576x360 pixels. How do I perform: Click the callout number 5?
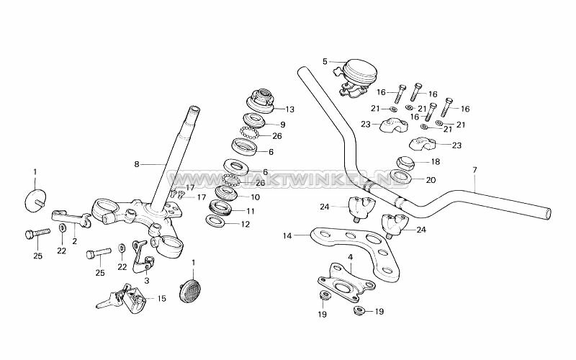point(325,62)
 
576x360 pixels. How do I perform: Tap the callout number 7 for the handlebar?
point(474,170)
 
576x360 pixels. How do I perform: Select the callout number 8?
point(136,164)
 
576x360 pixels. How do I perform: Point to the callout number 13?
point(290,109)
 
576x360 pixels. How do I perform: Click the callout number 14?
point(287,235)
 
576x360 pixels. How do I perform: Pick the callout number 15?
point(161,298)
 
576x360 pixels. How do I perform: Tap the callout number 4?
point(350,256)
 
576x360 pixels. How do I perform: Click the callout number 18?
point(435,162)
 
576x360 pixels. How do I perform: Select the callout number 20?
point(431,180)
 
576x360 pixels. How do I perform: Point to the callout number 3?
point(147,281)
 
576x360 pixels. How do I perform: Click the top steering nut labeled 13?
point(264,99)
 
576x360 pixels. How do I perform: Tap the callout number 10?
point(254,197)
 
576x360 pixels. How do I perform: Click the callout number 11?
point(251,211)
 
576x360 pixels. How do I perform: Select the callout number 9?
point(263,125)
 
